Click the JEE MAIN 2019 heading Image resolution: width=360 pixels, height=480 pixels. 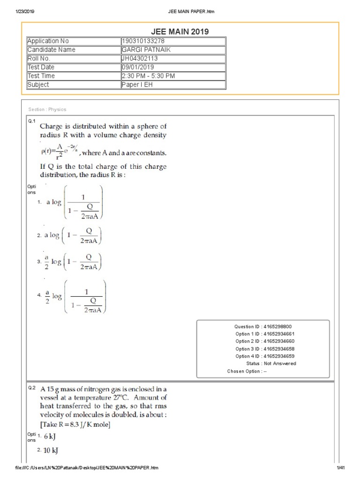(x=180, y=31)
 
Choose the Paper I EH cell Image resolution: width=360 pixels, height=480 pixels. (x=136, y=85)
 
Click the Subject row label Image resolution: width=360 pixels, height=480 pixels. (x=38, y=85)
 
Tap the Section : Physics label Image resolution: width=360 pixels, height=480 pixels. (x=47, y=109)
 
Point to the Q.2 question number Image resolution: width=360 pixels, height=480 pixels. (x=32, y=388)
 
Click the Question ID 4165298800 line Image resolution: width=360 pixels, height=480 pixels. (x=265, y=326)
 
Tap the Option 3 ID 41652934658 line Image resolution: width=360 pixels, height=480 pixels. (x=265, y=349)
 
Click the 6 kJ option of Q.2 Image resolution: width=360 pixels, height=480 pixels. (x=49, y=436)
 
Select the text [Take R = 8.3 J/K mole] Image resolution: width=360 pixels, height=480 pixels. (x=76, y=425)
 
